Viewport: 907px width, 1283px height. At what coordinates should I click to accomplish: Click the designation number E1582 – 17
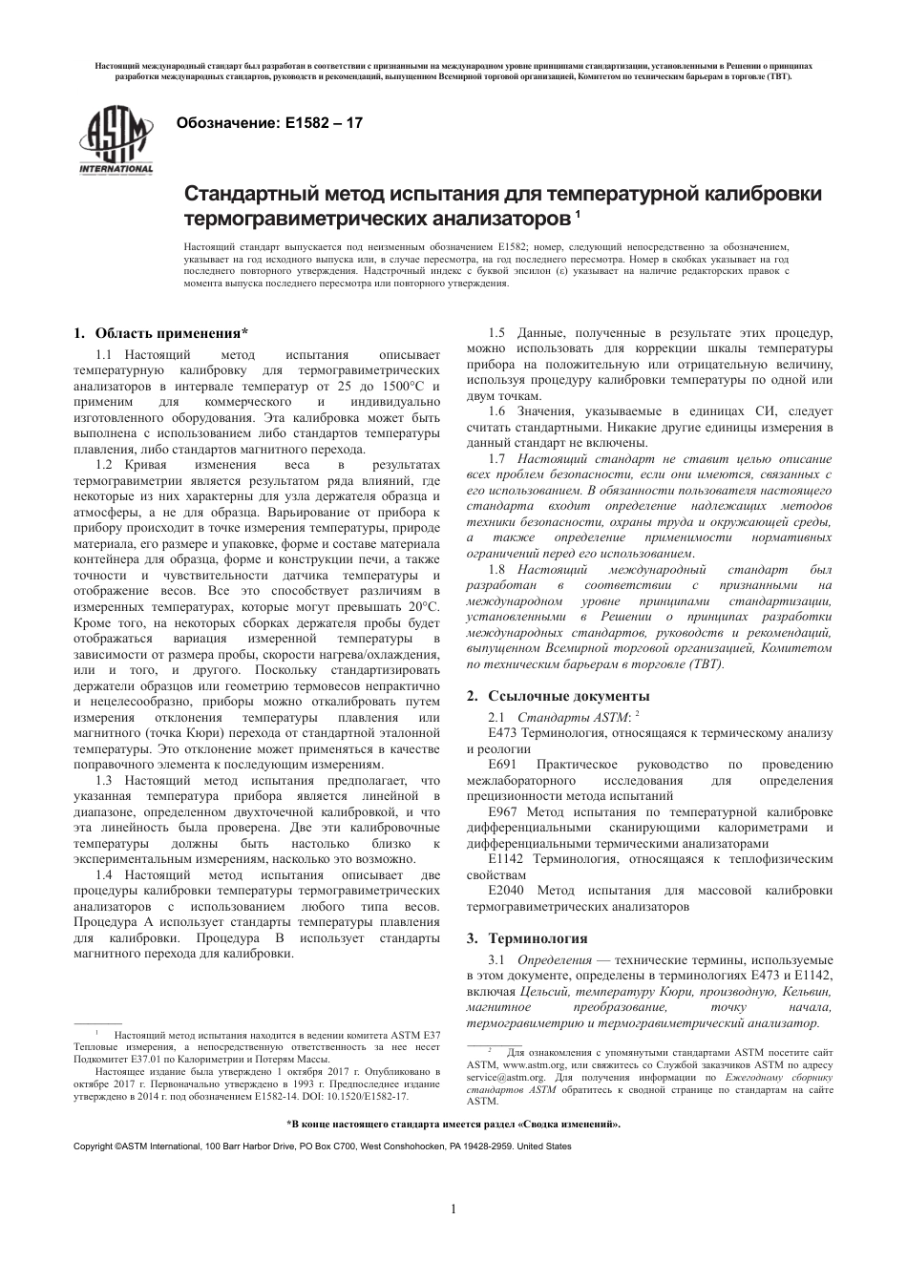click(x=318, y=123)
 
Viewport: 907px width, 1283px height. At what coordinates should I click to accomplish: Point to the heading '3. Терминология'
click(x=526, y=938)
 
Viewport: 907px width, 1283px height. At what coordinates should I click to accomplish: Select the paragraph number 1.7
click(x=496, y=459)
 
